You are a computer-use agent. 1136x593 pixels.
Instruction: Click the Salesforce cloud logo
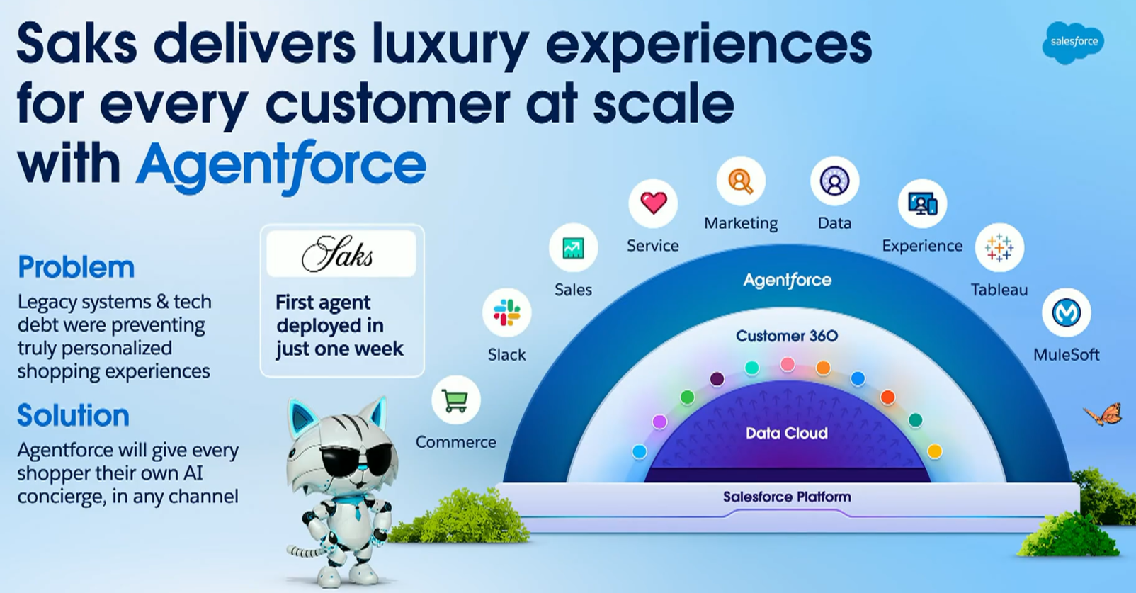[1073, 43]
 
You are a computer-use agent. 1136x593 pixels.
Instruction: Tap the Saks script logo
[337, 253]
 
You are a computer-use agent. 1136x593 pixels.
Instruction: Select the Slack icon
[506, 312]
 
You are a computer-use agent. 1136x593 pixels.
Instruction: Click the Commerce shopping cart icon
[455, 400]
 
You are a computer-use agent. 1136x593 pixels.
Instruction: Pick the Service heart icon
[653, 203]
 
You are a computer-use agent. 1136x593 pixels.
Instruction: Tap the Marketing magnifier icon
[741, 181]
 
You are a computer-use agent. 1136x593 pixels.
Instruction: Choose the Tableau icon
[999, 247]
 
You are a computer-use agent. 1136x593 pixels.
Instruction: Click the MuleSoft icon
[1066, 312]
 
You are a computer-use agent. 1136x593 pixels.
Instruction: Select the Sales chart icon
[573, 248]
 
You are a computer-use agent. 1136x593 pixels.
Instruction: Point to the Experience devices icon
[923, 203]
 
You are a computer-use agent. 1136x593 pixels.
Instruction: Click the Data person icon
[834, 181]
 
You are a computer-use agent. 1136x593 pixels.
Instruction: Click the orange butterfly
[1103, 414]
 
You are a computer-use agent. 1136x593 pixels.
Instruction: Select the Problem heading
[76, 267]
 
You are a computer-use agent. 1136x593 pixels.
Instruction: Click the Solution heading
[74, 415]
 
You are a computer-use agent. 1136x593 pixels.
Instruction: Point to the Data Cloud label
[787, 433]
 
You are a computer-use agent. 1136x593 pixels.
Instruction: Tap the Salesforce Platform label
[787, 497]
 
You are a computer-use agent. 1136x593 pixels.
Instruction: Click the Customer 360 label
[787, 336]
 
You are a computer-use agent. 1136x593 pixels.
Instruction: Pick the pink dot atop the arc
[787, 364]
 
